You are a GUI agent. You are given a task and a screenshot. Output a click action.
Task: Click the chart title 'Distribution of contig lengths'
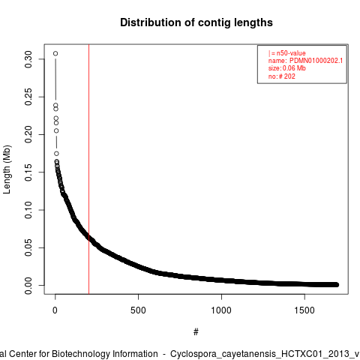point(196,22)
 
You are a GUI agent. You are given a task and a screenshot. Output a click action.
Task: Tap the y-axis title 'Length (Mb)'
point(7,169)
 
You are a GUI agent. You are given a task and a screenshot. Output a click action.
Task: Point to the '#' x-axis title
point(196,332)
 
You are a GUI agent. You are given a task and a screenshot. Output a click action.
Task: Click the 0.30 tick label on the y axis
point(28,59)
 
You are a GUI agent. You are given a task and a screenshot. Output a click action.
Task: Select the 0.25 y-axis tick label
point(28,97)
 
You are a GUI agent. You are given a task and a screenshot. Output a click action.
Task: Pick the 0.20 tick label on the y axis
point(28,134)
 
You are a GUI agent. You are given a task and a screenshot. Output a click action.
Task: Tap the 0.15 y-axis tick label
point(28,172)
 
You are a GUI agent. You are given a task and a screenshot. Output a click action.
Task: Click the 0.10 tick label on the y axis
point(28,210)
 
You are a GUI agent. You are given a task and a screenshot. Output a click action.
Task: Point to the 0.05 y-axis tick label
point(28,247)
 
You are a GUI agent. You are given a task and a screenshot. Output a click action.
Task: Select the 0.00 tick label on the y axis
point(28,286)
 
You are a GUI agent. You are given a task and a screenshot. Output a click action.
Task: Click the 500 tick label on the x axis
point(138,310)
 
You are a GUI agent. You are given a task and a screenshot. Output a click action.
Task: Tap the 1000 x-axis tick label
point(221,310)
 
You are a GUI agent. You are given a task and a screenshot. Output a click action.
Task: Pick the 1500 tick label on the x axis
point(304,310)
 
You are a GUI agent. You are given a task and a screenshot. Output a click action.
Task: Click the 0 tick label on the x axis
point(55,310)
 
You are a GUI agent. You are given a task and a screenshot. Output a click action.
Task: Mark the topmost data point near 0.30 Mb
point(55,53)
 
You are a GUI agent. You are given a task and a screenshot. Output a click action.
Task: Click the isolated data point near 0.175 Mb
point(56,154)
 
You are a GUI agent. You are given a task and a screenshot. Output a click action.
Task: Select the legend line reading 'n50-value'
point(287,53)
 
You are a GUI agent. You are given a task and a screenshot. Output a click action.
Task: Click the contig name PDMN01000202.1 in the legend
point(316,61)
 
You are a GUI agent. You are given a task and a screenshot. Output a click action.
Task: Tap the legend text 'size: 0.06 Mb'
point(287,68)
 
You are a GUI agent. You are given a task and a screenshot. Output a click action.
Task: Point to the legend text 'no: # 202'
point(282,76)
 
